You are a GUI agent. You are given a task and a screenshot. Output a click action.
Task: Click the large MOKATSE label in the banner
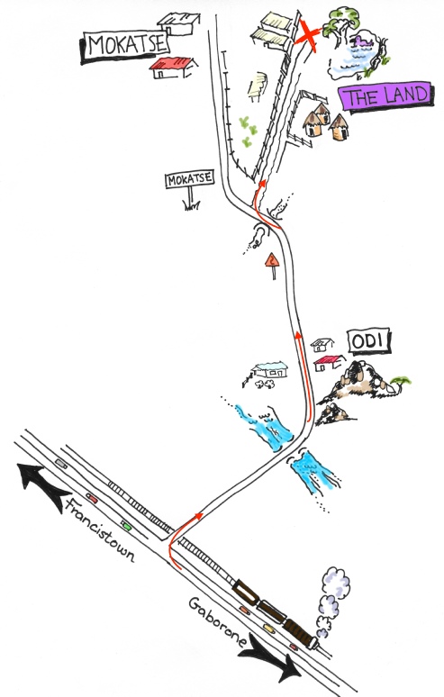pos(126,46)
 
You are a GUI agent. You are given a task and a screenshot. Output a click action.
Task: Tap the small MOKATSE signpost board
pos(190,179)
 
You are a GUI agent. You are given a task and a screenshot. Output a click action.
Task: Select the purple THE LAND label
pos(385,96)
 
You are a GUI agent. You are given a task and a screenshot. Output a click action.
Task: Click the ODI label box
pos(369,342)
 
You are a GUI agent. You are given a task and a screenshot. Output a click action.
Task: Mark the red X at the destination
pos(307,34)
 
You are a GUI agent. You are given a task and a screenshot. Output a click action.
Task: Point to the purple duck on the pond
pos(363,42)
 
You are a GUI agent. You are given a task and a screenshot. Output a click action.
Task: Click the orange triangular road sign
pos(272,260)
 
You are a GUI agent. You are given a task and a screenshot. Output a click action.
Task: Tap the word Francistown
pos(100,530)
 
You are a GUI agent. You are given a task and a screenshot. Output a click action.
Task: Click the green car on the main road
pos(127,527)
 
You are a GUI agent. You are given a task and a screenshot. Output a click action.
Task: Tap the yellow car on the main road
pos(268,628)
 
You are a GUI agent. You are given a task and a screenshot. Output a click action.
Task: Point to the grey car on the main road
pos(61,464)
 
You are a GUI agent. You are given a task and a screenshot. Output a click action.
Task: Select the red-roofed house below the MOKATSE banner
pos(173,68)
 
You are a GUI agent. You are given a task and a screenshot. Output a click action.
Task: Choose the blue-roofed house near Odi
pos(271,369)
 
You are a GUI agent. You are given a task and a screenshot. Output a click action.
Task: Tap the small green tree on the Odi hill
pos(401,383)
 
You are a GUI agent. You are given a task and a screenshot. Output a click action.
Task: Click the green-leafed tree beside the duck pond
pos(341,24)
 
